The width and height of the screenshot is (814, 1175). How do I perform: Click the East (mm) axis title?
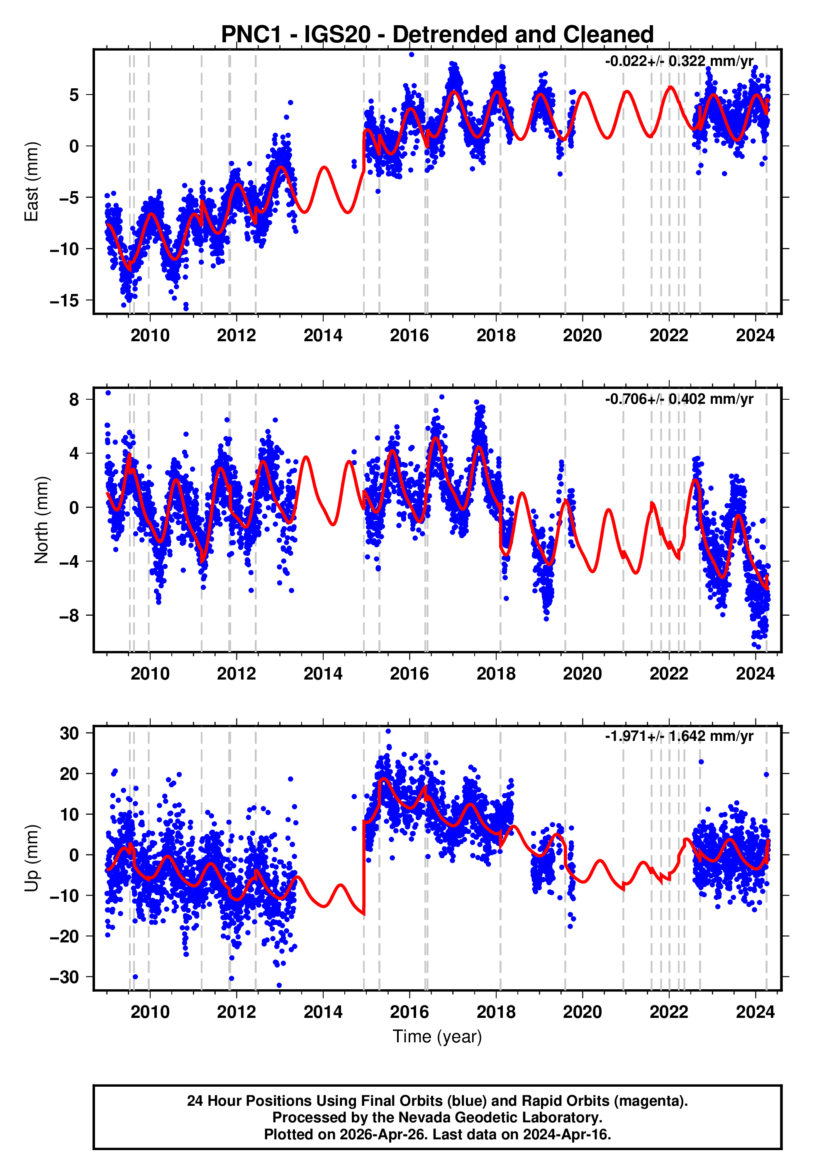click(32, 182)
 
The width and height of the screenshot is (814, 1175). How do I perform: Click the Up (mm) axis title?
click(32, 858)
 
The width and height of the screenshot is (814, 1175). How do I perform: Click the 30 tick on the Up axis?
click(69, 734)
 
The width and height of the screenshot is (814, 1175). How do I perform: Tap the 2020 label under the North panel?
click(582, 674)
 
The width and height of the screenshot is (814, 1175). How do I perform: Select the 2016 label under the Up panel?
click(409, 1012)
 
